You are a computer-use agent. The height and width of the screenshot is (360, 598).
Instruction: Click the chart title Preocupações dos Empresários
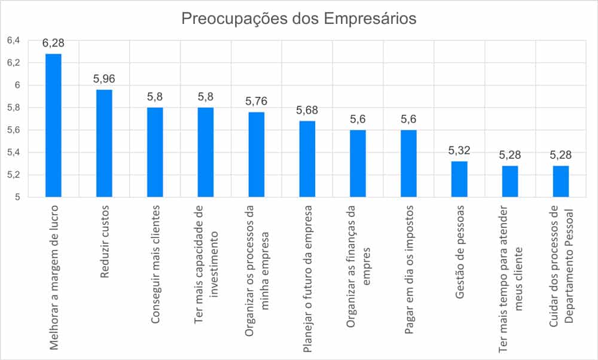coord(298,19)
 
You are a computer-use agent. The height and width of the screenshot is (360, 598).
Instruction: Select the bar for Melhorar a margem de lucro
coord(54,125)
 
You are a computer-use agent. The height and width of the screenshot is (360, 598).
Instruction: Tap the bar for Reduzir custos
coord(105,143)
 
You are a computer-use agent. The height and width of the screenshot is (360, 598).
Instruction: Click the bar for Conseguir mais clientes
coord(155,152)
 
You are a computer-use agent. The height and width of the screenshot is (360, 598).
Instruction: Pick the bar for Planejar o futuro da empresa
coord(307,158)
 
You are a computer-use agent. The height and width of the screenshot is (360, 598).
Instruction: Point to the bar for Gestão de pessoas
coord(460,179)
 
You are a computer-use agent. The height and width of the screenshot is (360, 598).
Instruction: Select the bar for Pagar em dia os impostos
coord(409,163)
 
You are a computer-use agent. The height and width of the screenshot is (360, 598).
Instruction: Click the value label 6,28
coord(54,44)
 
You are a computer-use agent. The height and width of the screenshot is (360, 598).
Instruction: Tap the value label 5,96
coord(105,79)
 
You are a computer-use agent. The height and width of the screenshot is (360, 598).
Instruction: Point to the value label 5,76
coord(257,101)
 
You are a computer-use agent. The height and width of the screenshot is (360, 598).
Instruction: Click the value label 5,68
coord(307,110)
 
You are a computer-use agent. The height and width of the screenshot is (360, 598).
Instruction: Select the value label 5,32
coord(460,150)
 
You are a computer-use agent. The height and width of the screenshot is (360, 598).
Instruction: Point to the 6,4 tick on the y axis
coord(13,41)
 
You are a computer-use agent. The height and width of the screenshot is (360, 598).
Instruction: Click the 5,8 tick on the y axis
coord(13,108)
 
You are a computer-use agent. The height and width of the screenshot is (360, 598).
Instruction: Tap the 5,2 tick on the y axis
coord(13,175)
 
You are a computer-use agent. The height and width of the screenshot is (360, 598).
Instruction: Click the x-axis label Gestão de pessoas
coord(460,245)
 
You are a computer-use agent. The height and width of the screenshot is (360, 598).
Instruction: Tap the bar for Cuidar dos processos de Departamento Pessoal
coord(561,181)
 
